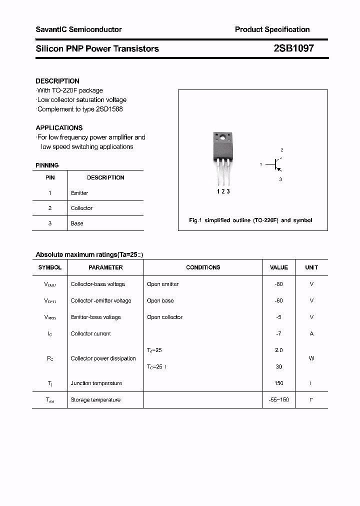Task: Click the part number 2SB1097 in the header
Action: (x=293, y=48)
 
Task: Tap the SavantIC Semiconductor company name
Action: (x=78, y=29)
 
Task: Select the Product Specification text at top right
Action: (x=272, y=29)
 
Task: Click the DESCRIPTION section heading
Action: (x=57, y=81)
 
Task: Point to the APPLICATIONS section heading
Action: (x=59, y=128)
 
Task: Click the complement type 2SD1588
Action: (x=109, y=109)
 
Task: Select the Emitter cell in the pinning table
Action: (x=79, y=193)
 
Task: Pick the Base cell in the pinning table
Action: (x=77, y=223)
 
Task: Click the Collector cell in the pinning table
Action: (x=81, y=208)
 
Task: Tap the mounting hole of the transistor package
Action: (x=222, y=136)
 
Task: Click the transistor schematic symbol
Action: (x=276, y=163)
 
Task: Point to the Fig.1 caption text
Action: (x=250, y=220)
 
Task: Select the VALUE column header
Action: (x=279, y=267)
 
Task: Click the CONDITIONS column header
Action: (x=203, y=267)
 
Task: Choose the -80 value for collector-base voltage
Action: (x=279, y=284)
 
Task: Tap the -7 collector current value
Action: (x=279, y=333)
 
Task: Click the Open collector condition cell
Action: (x=164, y=317)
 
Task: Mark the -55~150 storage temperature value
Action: (x=279, y=400)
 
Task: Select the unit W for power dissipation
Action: (x=311, y=358)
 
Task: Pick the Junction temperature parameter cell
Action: (x=96, y=383)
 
